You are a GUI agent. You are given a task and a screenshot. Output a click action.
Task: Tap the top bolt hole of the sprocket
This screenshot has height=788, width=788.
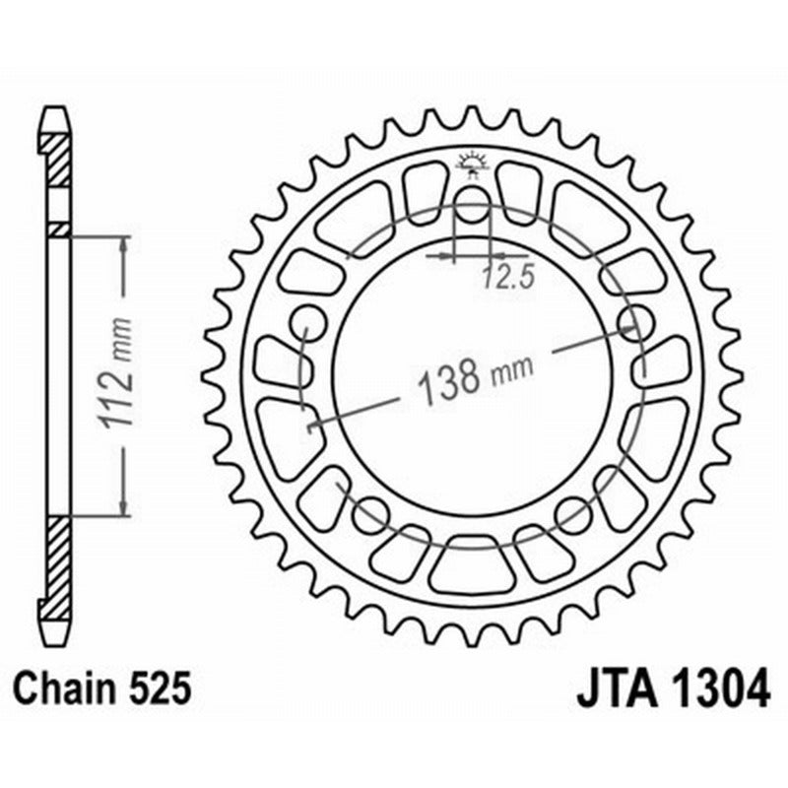tap(472, 209)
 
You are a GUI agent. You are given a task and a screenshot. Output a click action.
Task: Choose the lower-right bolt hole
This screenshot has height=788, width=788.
tap(572, 513)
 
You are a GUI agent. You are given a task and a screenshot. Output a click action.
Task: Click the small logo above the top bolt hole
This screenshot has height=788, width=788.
tap(473, 163)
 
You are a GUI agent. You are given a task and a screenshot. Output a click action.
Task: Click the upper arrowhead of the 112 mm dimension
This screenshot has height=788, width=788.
tap(123, 244)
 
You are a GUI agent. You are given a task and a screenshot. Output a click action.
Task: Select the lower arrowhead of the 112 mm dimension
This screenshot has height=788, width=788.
tap(123, 506)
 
